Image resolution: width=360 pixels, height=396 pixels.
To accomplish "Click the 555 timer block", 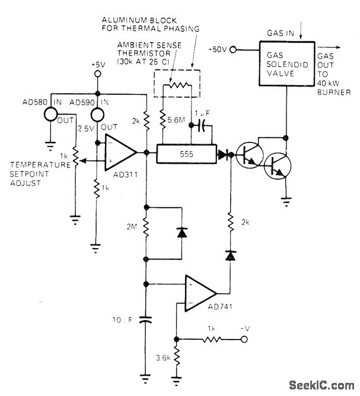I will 187,153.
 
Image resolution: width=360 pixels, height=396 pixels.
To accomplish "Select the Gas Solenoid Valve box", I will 286,61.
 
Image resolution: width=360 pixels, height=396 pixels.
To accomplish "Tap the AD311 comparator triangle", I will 120,153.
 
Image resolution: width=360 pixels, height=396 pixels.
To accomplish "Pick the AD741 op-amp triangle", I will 200,292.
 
